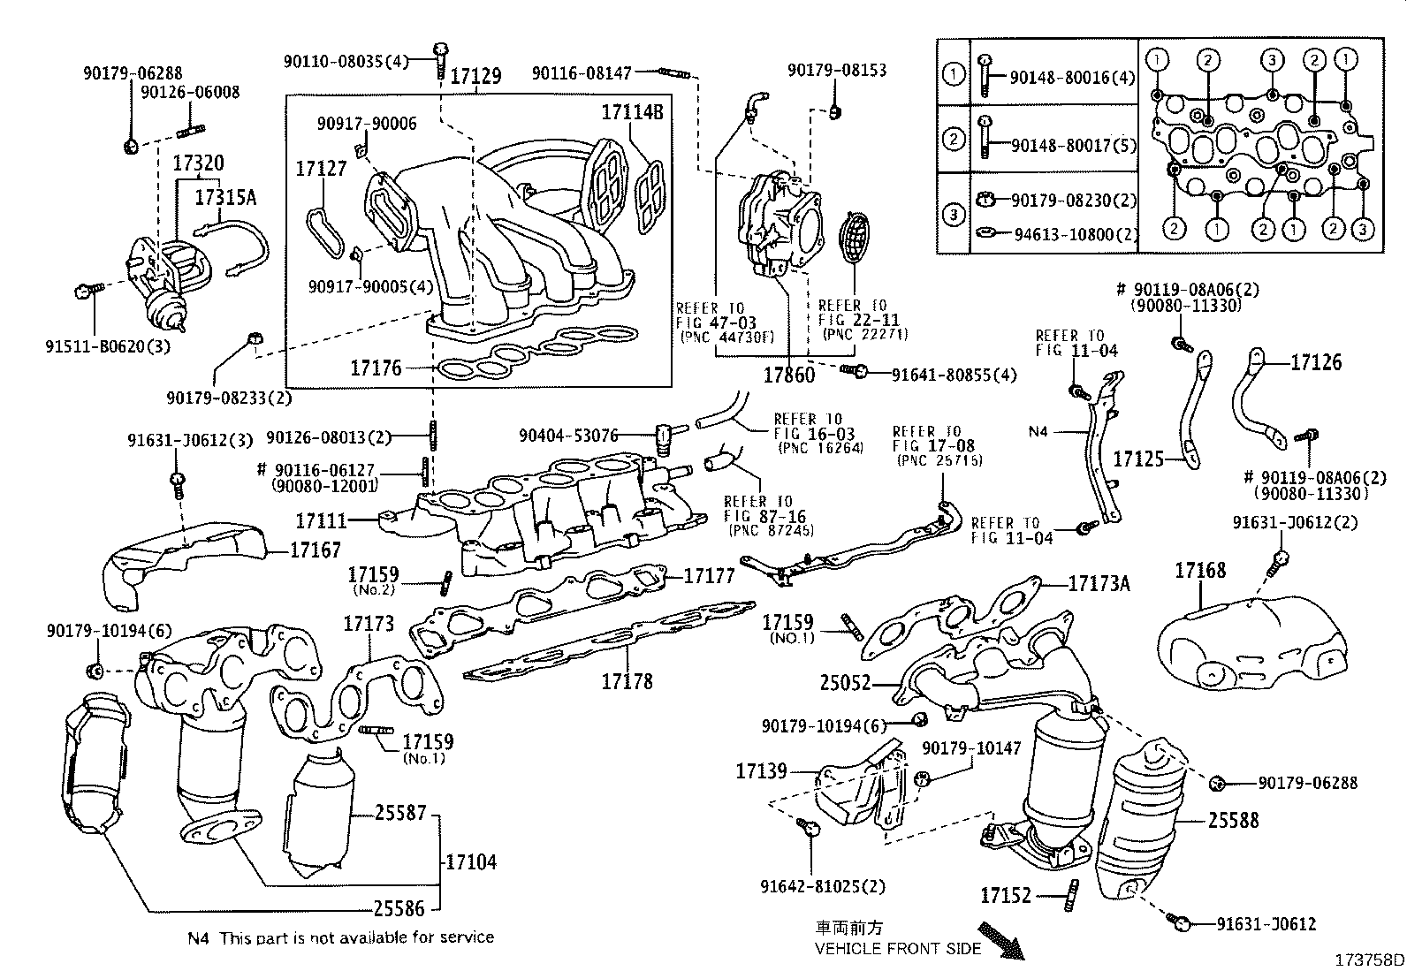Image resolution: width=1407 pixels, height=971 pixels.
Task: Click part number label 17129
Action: pos(476,77)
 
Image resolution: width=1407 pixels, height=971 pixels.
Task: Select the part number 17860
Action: pos(789,375)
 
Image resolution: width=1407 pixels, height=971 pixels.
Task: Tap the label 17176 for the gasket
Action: pos(376,368)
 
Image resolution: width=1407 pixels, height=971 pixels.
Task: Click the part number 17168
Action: pos(1199,570)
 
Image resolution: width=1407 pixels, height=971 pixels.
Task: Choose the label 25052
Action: pos(845,683)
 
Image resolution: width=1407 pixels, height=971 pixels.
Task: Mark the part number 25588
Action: pos(1234,820)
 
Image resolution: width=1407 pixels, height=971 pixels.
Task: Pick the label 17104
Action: pos(471,861)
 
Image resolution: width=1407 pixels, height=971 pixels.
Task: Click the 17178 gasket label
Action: pos(627,680)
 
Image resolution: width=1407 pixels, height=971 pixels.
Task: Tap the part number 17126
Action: pos(1316,361)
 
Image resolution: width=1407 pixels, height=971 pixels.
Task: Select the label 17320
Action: pos(198,163)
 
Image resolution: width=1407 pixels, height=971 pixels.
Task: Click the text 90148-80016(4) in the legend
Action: pos(1072,78)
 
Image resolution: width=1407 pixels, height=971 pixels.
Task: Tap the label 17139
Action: pos(761,771)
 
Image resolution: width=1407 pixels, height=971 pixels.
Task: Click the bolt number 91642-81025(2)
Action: pos(822,885)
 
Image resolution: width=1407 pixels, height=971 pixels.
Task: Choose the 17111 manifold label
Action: pos(321,522)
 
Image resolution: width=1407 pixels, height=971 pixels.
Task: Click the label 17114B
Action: pos(632,112)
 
